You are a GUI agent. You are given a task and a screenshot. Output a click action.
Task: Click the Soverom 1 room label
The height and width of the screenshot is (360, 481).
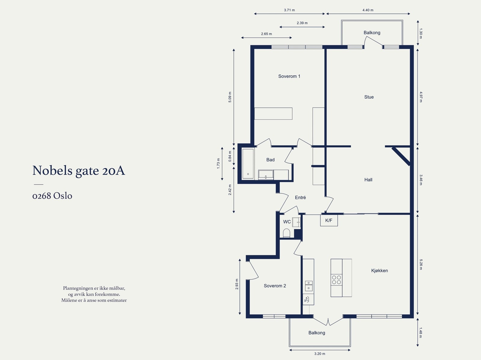[289, 76]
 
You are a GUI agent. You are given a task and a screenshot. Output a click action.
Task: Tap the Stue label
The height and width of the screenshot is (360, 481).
[369, 97]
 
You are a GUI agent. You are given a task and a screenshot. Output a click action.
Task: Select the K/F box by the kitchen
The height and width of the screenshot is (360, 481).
[329, 221]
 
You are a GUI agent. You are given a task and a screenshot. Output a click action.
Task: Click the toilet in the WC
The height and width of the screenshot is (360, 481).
[286, 233]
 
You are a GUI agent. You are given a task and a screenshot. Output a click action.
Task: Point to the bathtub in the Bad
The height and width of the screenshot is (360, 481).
[248, 164]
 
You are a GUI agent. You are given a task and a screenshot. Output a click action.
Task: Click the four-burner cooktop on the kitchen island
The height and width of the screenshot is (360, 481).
[336, 280]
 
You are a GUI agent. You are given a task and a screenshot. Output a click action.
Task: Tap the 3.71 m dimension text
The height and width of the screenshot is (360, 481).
[289, 10]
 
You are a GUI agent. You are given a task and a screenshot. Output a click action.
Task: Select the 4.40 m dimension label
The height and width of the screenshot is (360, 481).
[368, 10]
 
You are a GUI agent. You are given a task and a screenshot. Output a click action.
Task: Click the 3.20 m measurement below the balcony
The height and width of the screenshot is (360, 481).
[320, 354]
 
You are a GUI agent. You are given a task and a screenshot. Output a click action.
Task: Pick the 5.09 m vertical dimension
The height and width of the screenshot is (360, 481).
[230, 97]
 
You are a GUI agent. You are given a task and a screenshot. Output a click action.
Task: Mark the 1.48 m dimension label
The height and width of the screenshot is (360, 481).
[421, 333]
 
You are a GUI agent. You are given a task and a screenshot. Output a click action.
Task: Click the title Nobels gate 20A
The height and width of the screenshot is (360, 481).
[78, 171]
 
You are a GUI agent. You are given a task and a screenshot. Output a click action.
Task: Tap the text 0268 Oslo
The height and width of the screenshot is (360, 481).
[52, 196]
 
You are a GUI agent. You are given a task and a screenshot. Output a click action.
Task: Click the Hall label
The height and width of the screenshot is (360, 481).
[368, 180]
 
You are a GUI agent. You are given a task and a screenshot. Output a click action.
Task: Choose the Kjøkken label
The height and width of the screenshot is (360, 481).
[379, 270]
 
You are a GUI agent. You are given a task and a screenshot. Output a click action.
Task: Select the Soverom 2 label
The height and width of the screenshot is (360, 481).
[275, 286]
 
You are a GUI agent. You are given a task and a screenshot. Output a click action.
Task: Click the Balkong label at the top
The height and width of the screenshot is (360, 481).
[372, 33]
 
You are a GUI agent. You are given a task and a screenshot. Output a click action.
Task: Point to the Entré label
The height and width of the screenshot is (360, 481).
[300, 197]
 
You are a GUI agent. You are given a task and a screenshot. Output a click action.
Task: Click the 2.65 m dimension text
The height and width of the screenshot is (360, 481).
[266, 34]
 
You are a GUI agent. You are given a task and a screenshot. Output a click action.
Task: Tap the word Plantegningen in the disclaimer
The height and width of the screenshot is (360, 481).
[78, 288]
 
